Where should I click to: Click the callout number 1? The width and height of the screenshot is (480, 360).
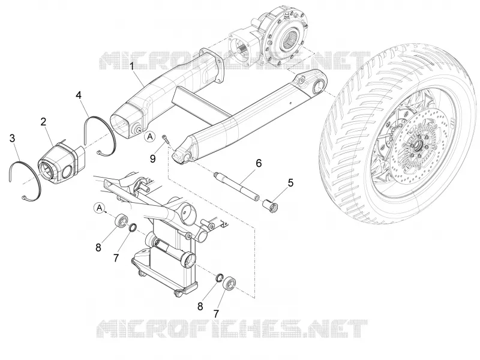coord(132,66)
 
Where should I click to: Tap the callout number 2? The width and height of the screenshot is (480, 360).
coord(43,122)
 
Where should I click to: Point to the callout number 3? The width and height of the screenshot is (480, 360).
coord(12,138)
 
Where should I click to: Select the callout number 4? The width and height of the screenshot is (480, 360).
coord(79,95)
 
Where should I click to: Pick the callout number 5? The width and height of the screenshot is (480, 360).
coord(290,183)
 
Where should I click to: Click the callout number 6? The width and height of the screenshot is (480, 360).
coord(259,163)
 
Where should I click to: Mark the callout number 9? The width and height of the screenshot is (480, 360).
coord(153,158)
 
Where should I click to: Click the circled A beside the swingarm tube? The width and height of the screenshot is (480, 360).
coord(150,137)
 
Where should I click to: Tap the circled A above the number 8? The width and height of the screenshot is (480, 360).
coord(100,208)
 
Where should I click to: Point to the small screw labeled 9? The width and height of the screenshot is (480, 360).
coord(166,139)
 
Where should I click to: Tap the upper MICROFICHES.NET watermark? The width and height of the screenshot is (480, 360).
coord(234,59)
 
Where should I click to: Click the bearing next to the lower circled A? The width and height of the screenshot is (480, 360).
coord(121,221)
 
